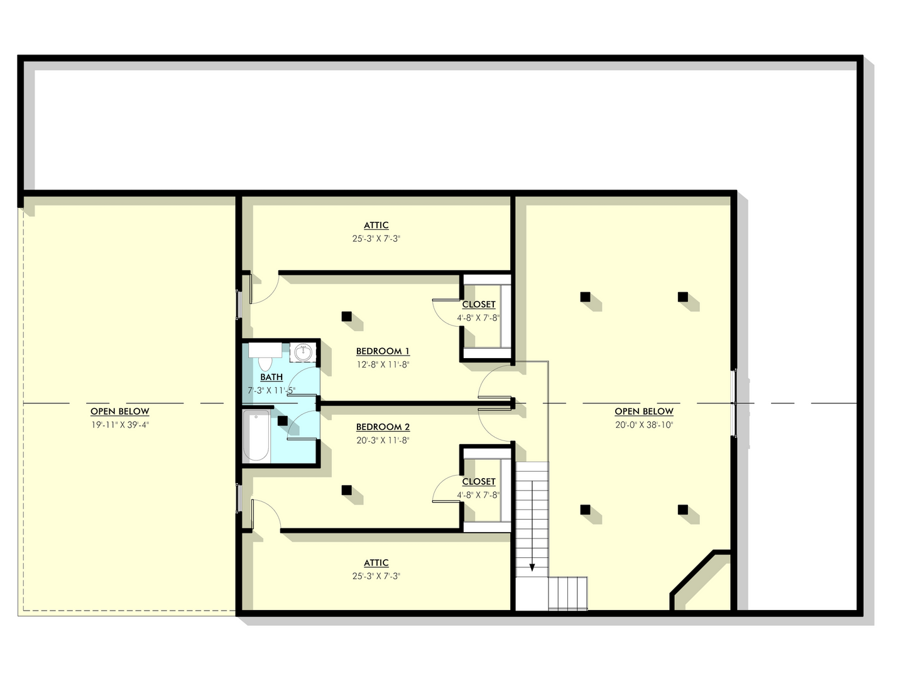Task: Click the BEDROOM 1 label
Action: coord(383,351)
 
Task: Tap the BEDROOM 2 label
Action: coord(383,427)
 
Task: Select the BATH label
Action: coord(271,377)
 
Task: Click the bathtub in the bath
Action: coord(256,436)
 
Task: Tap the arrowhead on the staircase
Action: coord(532,567)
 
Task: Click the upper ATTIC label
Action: coord(376,226)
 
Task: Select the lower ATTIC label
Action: coord(376,563)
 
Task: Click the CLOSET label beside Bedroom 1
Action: coord(479,305)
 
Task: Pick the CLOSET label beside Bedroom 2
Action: coord(479,482)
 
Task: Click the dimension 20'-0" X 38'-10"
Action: coord(644,425)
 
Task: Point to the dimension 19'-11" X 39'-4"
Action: coord(120,425)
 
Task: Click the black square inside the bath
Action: coord(283,421)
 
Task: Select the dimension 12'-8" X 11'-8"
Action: coord(383,364)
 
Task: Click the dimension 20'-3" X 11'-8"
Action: coord(383,440)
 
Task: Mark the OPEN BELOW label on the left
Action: coord(120,411)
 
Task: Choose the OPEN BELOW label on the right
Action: coord(644,411)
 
